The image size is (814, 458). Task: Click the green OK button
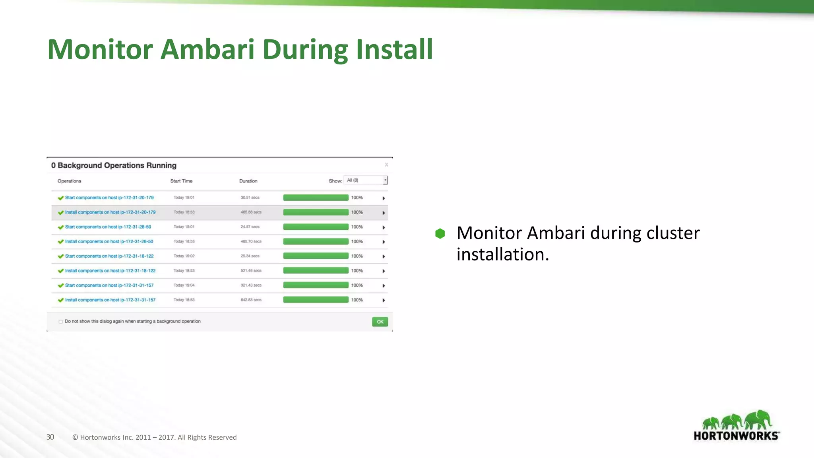380,322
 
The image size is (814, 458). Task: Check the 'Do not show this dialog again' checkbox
61,322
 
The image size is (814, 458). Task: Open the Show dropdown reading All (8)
366,180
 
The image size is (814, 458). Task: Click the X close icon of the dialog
386,165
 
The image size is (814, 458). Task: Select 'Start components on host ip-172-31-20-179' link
109,198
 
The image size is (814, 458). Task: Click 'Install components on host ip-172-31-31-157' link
110,300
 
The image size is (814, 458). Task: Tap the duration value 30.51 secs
250,198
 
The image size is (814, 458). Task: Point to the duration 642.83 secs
251,300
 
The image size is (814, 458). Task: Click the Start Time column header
181,181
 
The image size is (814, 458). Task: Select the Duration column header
248,181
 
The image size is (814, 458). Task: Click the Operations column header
69,181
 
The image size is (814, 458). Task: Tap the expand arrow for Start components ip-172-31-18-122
384,256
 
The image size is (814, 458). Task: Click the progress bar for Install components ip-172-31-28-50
316,242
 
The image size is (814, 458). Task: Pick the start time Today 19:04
184,285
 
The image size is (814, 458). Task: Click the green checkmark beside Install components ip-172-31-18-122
61,271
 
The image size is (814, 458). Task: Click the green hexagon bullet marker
440,233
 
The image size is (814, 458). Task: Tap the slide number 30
50,437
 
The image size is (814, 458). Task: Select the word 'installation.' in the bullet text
502,254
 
